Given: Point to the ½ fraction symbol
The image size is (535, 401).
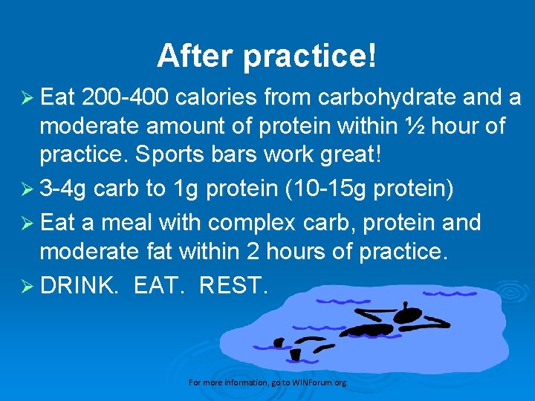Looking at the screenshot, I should click(417, 127).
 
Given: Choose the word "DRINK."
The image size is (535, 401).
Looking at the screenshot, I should click(81, 284).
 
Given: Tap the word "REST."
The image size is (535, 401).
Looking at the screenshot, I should click(232, 284).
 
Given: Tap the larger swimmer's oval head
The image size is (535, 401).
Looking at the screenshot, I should click(408, 316).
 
